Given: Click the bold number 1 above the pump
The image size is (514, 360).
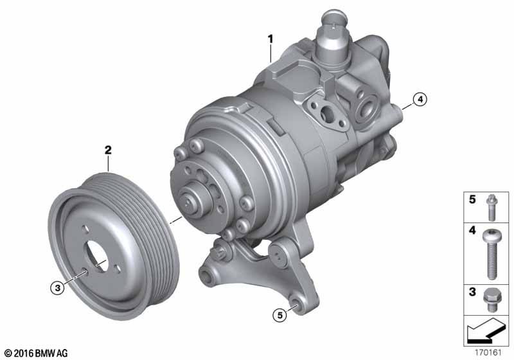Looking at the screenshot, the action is (x=270, y=39).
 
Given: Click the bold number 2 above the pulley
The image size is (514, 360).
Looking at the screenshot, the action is (x=108, y=150).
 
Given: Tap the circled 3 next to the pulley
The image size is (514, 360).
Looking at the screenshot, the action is (x=57, y=288).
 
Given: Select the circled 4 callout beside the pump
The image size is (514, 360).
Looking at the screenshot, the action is (x=420, y=99).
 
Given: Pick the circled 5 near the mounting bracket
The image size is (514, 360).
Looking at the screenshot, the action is (x=279, y=315).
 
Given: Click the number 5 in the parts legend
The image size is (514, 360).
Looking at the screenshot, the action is (x=472, y=199).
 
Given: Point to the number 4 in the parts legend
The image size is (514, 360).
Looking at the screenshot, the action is (x=472, y=230).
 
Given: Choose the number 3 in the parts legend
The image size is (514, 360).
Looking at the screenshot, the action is (x=472, y=291).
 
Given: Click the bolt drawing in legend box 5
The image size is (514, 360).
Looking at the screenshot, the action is (x=491, y=207).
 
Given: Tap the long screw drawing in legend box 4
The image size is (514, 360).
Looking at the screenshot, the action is (x=491, y=255).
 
